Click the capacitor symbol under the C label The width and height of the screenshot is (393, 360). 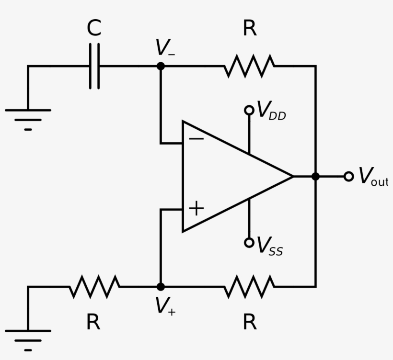[94, 66]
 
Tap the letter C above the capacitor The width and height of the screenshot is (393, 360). [94, 29]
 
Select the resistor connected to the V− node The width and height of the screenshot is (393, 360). [249, 66]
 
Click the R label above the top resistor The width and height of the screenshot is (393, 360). [250, 29]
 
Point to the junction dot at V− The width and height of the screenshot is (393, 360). [161, 66]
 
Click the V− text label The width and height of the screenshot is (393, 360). [165, 48]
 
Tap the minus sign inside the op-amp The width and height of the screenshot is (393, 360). [196, 138]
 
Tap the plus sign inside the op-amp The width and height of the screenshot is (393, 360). [196, 208]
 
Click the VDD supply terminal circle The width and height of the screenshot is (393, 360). [249, 110]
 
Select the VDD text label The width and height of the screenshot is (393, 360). [272, 111]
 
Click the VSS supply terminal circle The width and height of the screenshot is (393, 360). [249, 242]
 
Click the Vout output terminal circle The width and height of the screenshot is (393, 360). [349, 176]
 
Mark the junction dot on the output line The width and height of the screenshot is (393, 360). [315, 176]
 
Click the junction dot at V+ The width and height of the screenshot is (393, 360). [161, 286]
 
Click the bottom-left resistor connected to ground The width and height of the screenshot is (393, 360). [94, 286]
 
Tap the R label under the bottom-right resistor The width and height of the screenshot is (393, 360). [250, 323]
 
